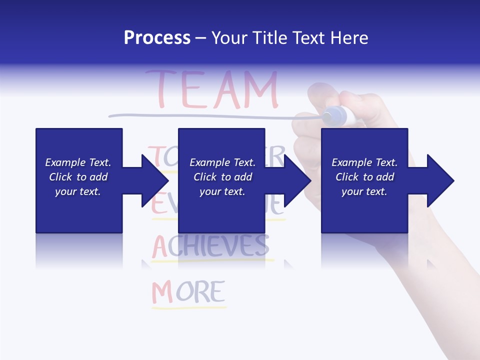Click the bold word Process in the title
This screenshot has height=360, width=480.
coord(157,38)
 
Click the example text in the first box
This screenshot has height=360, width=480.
coord(78,177)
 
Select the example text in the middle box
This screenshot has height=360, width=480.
coord(222,177)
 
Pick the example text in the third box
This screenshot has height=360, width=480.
coord(364,177)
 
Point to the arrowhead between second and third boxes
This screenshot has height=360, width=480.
coord(297,180)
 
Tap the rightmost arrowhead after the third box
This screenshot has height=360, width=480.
coord(439,180)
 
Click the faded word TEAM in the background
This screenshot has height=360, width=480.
coord(211,90)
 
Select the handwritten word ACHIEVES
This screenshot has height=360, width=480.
coord(210,245)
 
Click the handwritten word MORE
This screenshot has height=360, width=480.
coord(188,292)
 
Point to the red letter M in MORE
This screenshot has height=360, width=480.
coord(162,292)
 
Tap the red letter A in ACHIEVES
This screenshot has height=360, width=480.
coord(159,246)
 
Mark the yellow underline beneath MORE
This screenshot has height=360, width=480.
coord(188,307)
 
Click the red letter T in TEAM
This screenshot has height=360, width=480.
coord(159,90)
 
